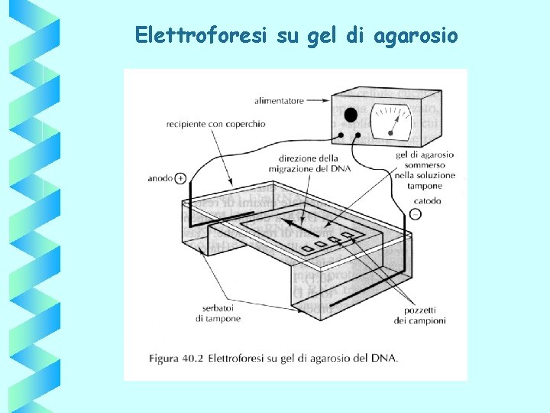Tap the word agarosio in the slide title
[x=416, y=36]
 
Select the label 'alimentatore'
[x=279, y=100]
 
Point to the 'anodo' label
[x=160, y=178]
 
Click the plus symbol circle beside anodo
[x=180, y=178]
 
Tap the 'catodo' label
[x=427, y=201]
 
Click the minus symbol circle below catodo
[x=415, y=214]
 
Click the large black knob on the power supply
[x=351, y=115]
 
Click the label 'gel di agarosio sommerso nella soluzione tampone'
[x=425, y=170]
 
